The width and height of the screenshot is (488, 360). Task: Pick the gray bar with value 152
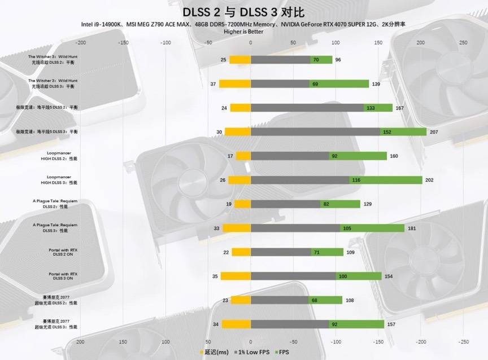(315, 131)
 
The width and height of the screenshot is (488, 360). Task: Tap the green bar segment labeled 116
(386, 180)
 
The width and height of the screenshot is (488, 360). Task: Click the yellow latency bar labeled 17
(243, 156)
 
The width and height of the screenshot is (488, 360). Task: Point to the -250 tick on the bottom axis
(463, 342)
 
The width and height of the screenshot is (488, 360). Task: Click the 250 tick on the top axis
(463, 43)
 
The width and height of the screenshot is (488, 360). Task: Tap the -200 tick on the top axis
(80, 43)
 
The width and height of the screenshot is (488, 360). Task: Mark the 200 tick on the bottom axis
(80, 342)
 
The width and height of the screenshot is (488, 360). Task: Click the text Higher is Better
(243, 32)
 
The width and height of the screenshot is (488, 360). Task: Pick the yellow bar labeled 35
(236, 276)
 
